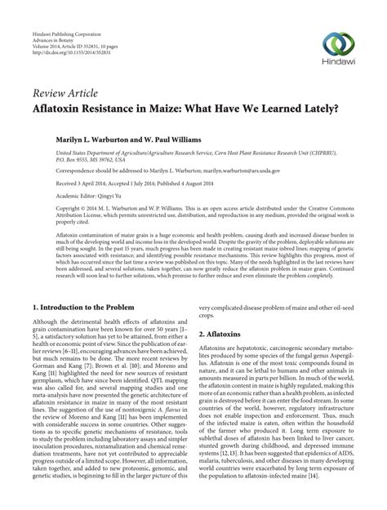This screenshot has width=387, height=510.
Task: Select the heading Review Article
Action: pos(62,92)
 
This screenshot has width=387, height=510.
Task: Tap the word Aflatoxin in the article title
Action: pos(58,109)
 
